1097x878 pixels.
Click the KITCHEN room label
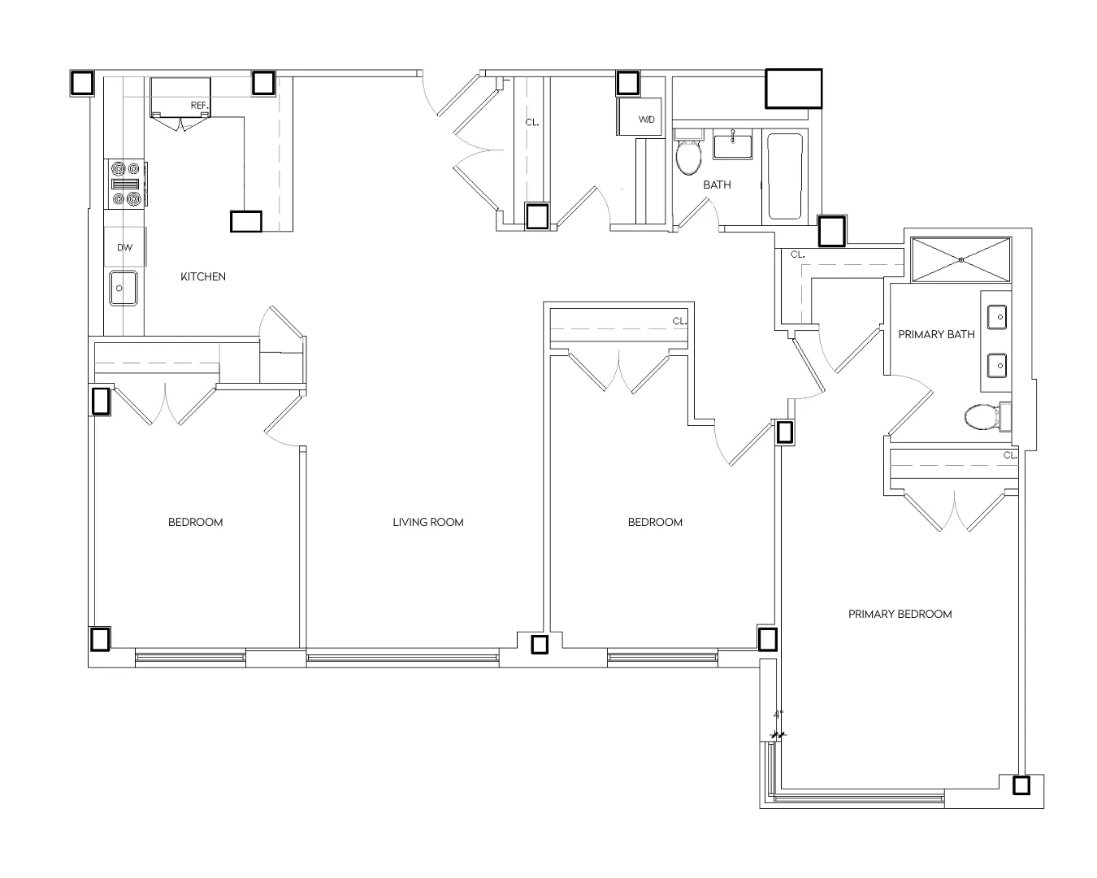[x=202, y=276]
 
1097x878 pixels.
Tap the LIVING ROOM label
[x=427, y=522]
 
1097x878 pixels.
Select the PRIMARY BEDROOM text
[x=900, y=614]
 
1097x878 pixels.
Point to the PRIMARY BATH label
[x=936, y=334]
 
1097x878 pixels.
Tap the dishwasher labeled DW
[x=124, y=247]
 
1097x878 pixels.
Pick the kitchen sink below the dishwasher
[x=124, y=289]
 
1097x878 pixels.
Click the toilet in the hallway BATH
[x=688, y=156]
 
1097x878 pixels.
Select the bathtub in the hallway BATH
[x=785, y=176]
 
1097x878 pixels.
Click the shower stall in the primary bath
[x=960, y=259]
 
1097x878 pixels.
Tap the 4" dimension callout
[x=778, y=716]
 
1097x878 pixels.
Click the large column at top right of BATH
[x=794, y=89]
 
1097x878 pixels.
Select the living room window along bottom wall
[x=402, y=657]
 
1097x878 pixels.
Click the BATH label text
[x=717, y=185]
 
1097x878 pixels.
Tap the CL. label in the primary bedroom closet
[x=1009, y=455]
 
